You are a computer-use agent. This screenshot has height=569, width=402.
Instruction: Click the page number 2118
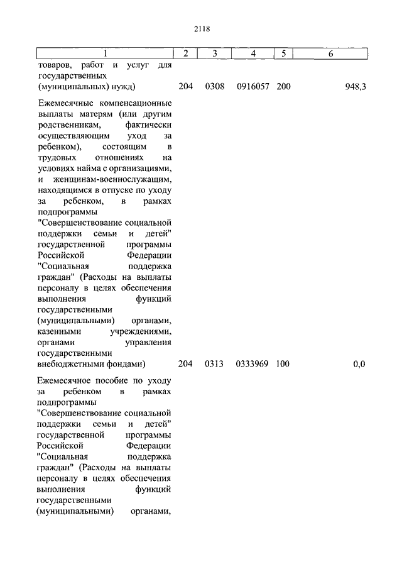pos(202,29)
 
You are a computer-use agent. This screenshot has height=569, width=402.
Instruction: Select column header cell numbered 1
pos(105,54)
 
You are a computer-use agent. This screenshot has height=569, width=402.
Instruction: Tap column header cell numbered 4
pos(253,54)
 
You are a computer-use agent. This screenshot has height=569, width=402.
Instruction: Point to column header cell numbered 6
pos(330,54)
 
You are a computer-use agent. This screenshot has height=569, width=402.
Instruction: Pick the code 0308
pos(214,87)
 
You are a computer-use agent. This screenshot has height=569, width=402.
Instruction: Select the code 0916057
pos(253,87)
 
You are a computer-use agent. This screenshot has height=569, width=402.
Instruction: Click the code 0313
pos(214,364)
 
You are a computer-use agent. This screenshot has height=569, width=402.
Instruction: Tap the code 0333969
pos(253,364)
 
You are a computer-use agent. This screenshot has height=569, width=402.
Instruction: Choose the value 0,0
pos(359,364)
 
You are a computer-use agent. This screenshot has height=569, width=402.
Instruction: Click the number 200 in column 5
pos(283,87)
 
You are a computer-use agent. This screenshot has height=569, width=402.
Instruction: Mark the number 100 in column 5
pos(283,364)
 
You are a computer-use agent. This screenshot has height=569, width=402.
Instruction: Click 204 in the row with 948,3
pos(185,87)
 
